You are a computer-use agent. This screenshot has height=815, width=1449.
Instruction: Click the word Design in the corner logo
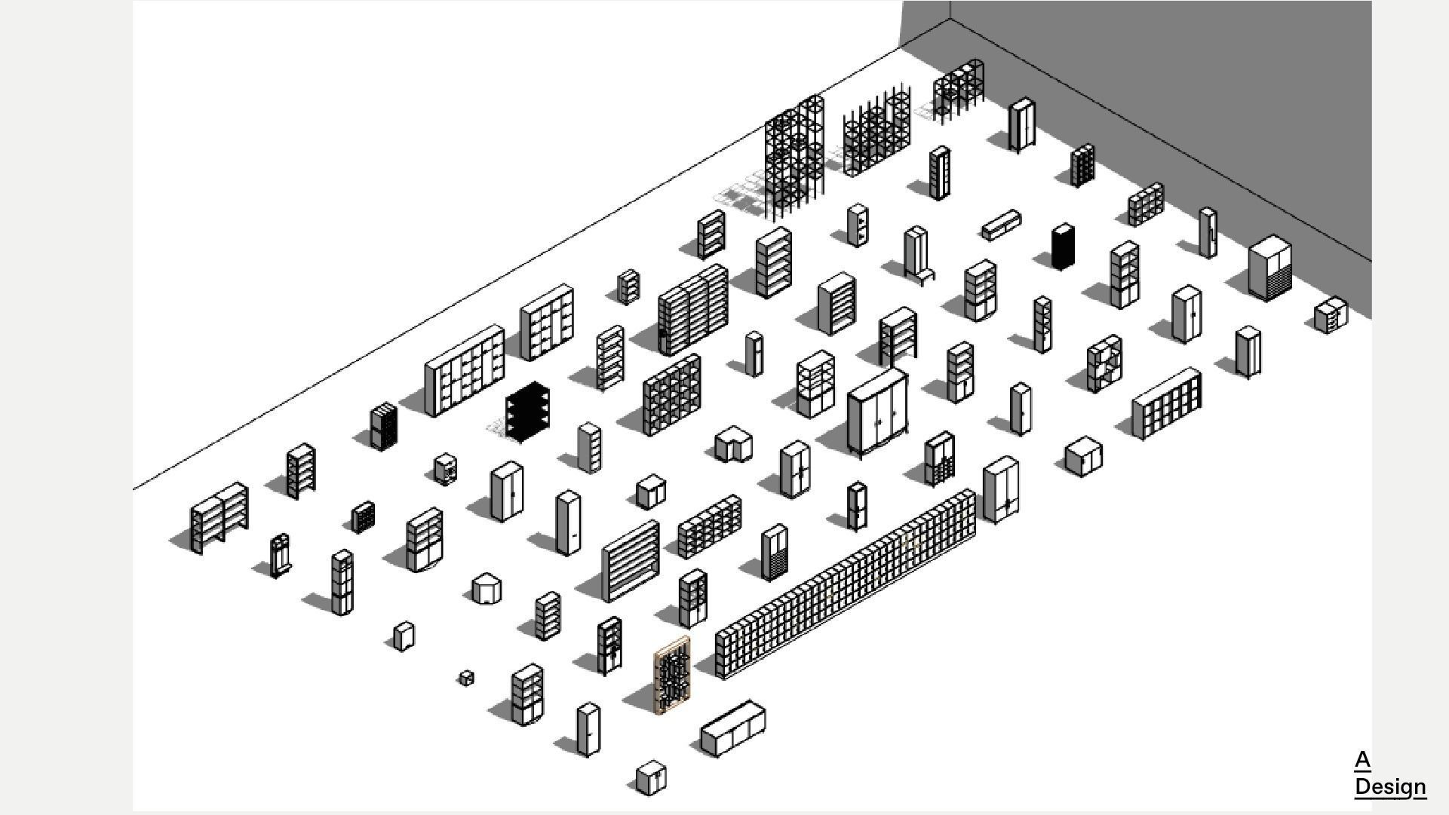coord(1389,786)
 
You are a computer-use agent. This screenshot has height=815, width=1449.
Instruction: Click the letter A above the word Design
coord(1362,759)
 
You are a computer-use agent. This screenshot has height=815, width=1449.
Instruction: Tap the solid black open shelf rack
coord(527,411)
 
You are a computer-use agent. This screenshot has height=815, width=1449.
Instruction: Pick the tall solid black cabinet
coord(1063,247)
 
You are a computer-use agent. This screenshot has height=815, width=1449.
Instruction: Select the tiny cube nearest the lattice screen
coord(466,678)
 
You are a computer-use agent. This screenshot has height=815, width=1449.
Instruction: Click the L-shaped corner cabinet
coord(733,445)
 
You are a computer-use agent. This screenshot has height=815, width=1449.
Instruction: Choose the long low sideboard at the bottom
coord(732,728)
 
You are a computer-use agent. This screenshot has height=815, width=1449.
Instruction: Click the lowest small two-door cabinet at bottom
coord(650,779)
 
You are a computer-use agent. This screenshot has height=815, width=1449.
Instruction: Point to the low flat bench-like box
coord(1002,225)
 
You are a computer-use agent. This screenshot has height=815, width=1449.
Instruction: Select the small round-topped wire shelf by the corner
coord(958,90)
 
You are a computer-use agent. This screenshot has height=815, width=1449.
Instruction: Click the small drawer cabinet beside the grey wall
coord(1331,315)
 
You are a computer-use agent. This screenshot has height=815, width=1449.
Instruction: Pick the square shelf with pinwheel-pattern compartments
coord(1104,364)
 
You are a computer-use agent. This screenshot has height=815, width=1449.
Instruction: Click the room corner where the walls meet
coord(950,19)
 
